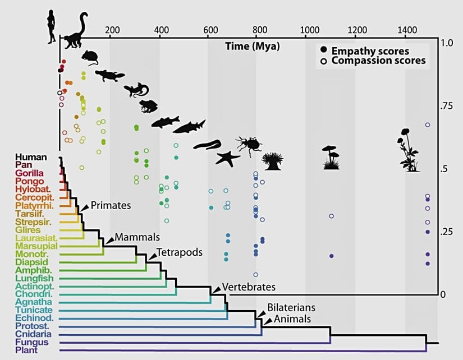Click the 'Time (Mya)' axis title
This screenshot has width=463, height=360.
click(x=252, y=45)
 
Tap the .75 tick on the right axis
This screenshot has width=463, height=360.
click(x=446, y=106)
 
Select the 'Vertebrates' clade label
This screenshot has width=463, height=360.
click(x=249, y=287)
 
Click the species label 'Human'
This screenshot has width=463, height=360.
click(x=31, y=157)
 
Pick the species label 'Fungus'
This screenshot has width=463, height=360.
click(x=32, y=342)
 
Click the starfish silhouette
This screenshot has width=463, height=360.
click(x=228, y=159)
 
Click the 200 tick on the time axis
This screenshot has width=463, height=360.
click(x=112, y=30)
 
